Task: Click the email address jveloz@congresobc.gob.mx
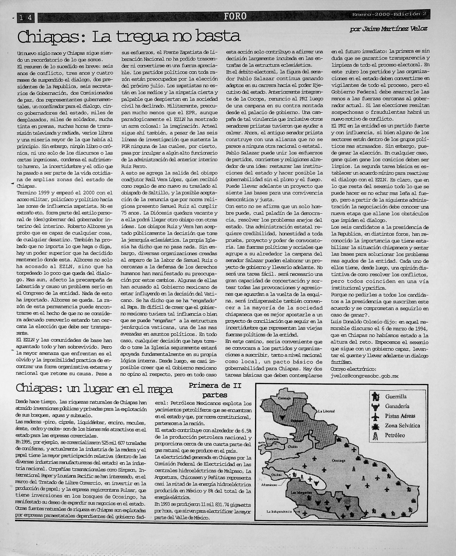coord(365,376)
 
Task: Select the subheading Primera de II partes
coord(215,390)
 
